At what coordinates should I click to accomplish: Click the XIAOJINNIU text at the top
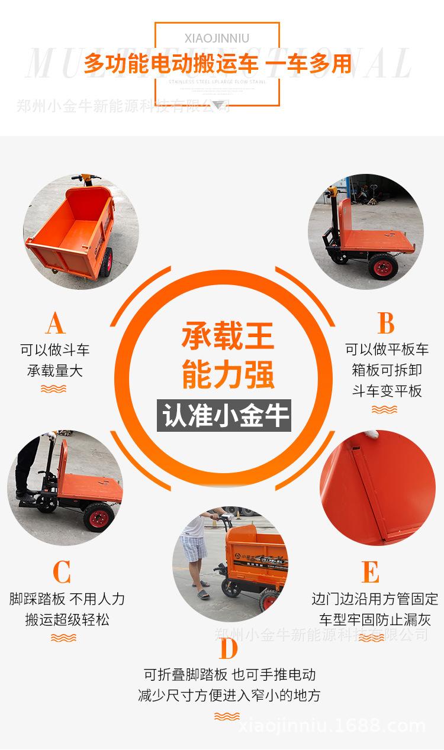217,38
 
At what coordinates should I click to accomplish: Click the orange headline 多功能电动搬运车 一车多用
217,63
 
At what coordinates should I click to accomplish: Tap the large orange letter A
54,324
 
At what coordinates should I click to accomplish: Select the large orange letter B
386,324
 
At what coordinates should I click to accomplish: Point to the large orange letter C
62,572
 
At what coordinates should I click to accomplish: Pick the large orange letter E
370,572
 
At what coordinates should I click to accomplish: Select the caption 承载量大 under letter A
54,371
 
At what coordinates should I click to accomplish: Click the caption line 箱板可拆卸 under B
387,370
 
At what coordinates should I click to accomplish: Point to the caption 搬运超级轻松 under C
67,619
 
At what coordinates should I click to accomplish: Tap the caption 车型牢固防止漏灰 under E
375,619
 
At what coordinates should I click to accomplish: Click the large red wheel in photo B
383,266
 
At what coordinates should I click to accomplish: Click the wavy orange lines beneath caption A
53,389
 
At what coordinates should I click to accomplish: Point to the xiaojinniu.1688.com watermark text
332,726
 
